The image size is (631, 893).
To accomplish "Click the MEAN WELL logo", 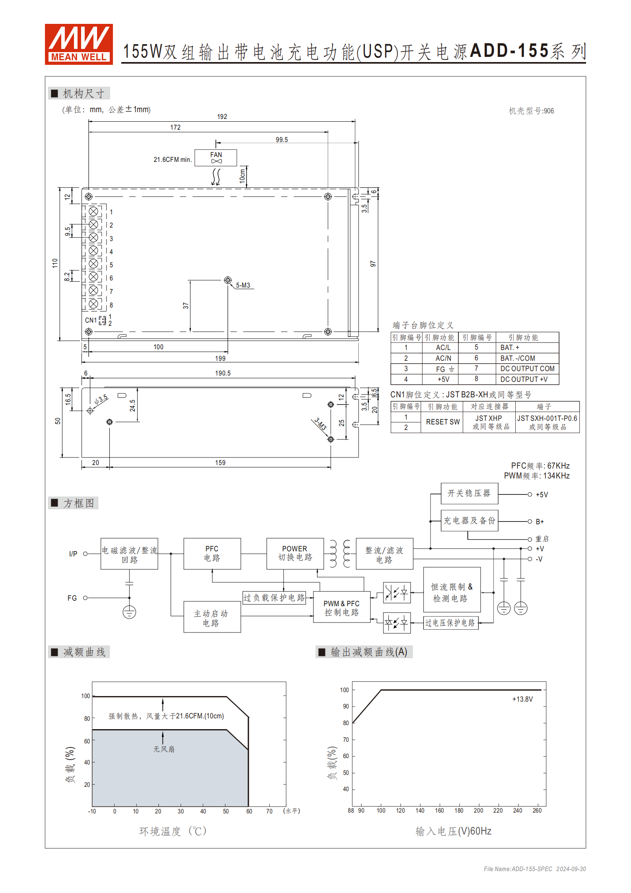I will (79, 44).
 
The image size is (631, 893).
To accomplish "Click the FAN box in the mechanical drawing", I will (216, 158).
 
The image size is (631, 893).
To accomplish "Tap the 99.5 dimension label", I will (282, 140).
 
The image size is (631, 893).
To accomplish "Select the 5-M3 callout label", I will (243, 285).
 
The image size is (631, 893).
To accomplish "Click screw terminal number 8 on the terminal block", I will (93, 304).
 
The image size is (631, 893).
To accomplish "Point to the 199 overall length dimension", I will (220, 358).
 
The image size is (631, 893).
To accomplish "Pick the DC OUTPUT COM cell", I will (527, 369).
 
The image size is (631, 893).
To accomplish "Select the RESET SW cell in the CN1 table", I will (443, 422).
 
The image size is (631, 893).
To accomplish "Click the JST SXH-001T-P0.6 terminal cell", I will (547, 422).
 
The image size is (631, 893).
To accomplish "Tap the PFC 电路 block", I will (212, 553).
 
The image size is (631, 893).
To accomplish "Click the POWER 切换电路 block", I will (295, 553).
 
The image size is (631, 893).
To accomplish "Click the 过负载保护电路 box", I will (274, 598).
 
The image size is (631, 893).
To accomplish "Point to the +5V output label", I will (542, 495).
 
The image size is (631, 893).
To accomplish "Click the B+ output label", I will (540, 521).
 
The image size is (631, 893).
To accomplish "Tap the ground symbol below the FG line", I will (129, 612).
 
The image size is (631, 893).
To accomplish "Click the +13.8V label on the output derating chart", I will (522, 699).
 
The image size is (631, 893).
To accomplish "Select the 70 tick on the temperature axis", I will (269, 811).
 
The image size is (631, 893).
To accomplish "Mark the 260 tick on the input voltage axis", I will (537, 811).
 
